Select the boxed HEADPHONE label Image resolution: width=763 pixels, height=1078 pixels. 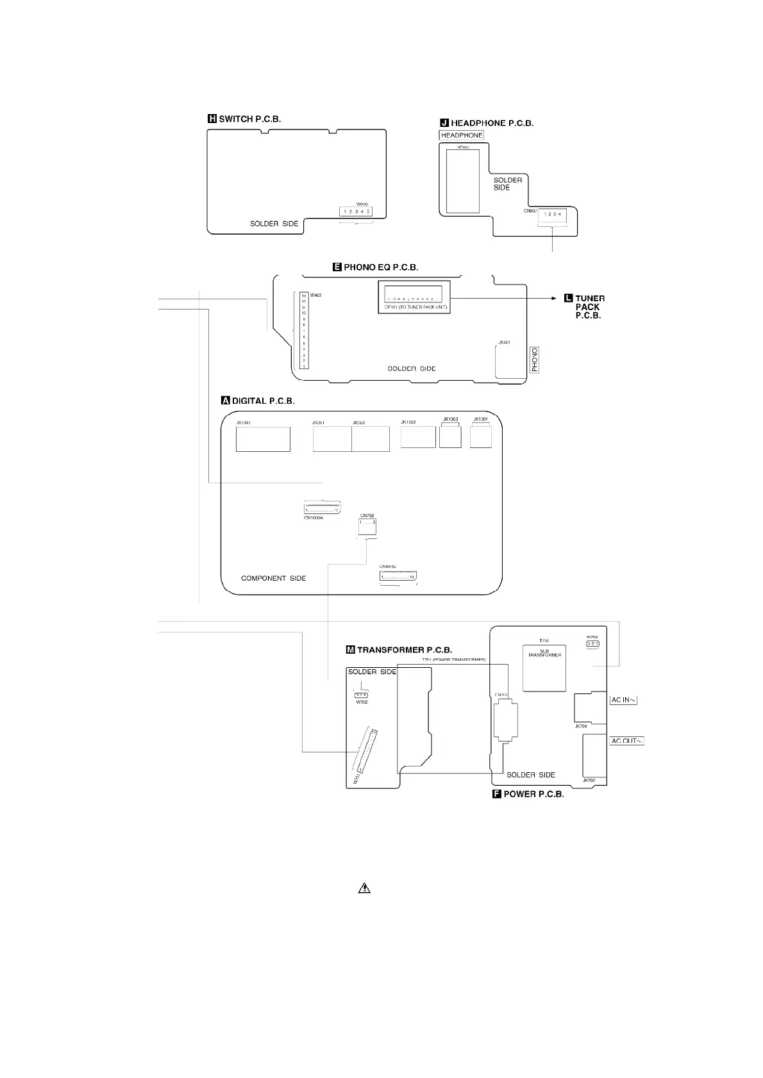click(462, 135)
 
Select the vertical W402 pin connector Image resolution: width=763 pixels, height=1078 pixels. click(304, 331)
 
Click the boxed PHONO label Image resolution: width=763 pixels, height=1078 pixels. click(535, 360)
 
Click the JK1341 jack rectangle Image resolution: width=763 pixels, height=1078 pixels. click(263, 439)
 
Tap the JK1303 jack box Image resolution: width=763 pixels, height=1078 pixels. click(451, 436)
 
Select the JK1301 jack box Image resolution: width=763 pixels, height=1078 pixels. click(481, 436)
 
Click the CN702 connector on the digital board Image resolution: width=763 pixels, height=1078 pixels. click(367, 526)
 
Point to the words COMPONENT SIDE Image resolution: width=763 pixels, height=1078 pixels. click(273, 578)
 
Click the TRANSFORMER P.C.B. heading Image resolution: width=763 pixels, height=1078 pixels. click(399, 650)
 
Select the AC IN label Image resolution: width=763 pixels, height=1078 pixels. click(623, 700)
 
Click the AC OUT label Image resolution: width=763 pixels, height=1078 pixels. click(626, 741)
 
